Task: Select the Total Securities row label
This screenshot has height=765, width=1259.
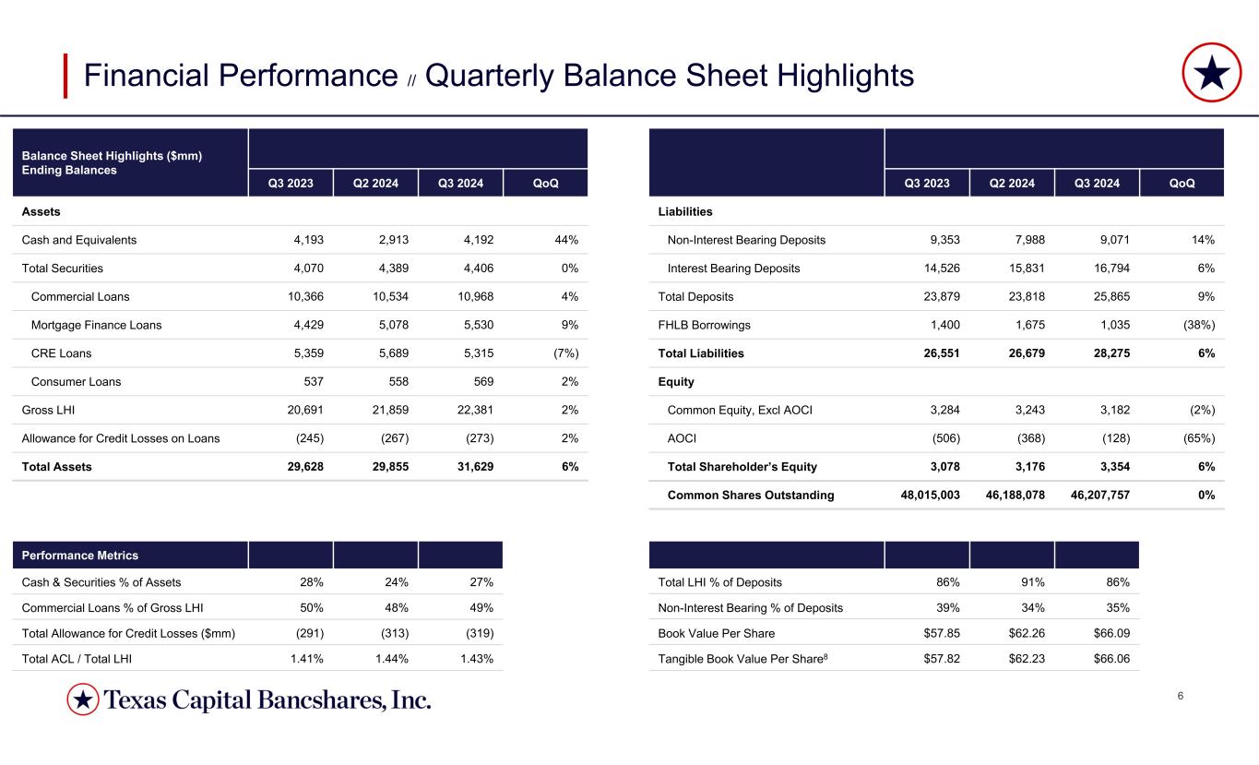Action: click(63, 269)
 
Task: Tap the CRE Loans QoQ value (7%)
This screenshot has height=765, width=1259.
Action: click(562, 353)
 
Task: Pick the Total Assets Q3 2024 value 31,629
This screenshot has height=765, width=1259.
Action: click(474, 467)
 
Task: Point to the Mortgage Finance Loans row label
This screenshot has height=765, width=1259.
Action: click(96, 325)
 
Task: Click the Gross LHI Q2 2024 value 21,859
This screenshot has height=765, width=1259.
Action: click(388, 410)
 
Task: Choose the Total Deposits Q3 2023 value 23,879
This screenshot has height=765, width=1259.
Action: click(932, 297)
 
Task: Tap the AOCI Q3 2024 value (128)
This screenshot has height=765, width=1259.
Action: click(1112, 438)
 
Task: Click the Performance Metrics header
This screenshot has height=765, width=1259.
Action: click(80, 556)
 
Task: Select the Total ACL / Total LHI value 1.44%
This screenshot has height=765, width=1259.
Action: click(388, 658)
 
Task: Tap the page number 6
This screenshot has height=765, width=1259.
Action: click(1181, 696)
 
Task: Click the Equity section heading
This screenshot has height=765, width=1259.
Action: click(676, 381)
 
